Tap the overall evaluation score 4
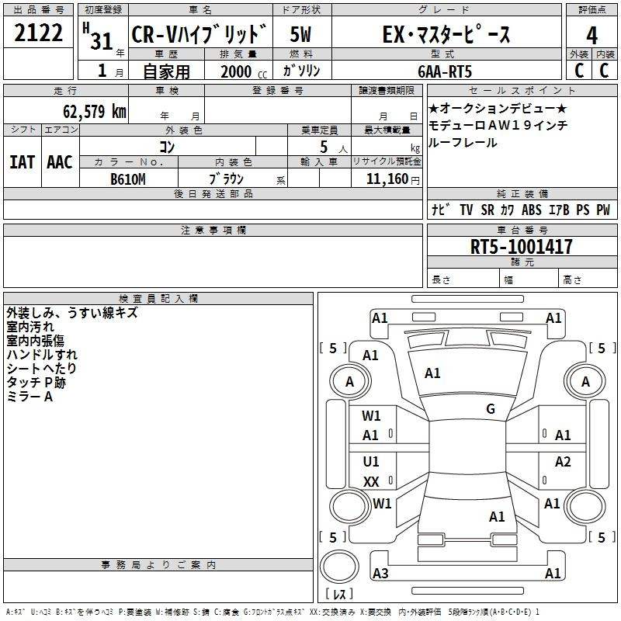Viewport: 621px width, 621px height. (x=592, y=36)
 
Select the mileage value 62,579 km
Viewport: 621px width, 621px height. (x=87, y=111)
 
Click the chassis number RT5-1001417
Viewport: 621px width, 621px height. (x=522, y=247)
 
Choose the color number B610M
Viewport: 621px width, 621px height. (x=128, y=179)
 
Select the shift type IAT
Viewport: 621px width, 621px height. (x=22, y=162)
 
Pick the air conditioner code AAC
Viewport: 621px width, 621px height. (x=59, y=162)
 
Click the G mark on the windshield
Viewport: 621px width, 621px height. (x=490, y=409)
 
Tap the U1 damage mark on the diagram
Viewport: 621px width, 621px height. (x=371, y=462)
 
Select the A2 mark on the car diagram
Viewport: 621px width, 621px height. (x=563, y=462)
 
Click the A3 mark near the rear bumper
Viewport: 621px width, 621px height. (x=380, y=574)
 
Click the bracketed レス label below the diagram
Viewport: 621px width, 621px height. (x=338, y=595)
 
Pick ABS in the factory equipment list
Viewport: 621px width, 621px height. (x=532, y=210)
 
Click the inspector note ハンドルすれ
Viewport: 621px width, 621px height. (x=41, y=354)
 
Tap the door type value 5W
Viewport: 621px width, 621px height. (x=301, y=36)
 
